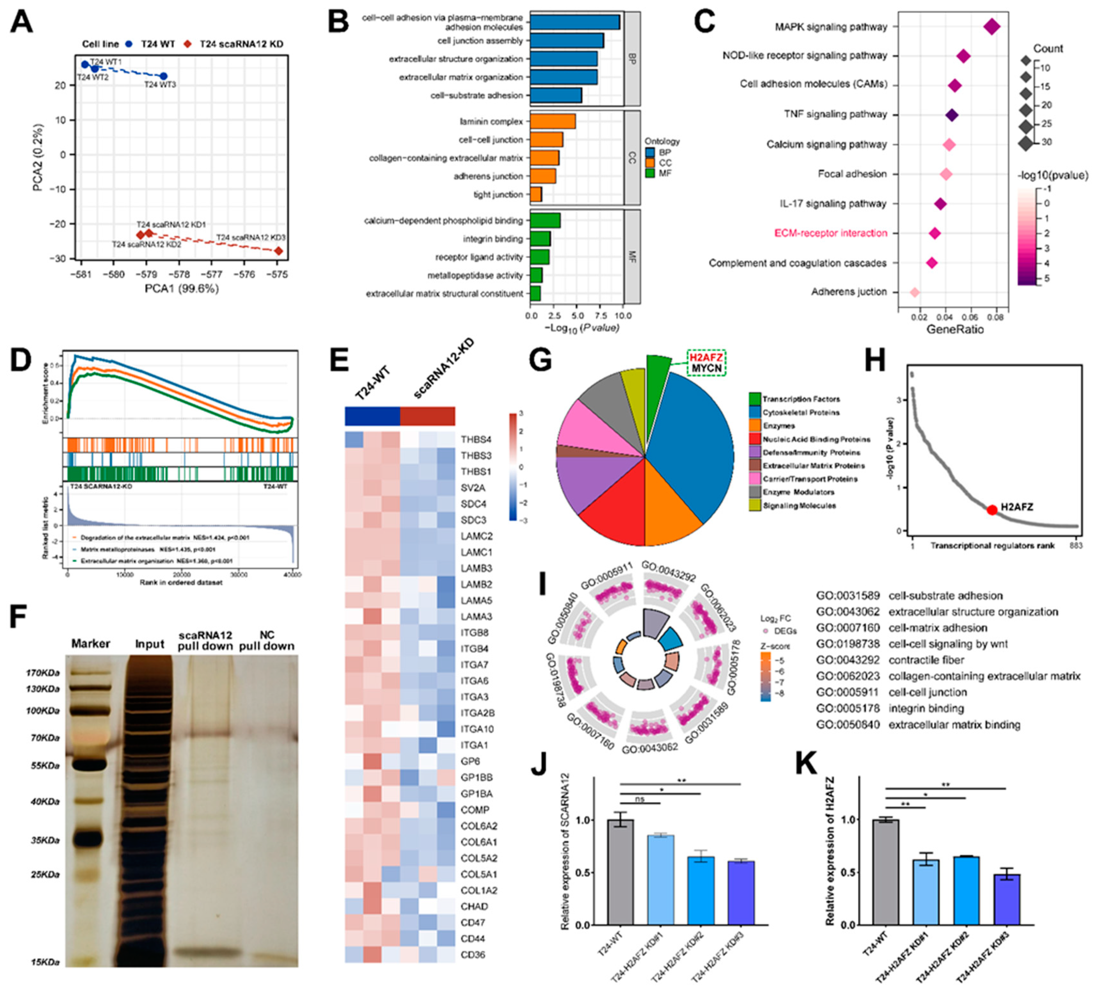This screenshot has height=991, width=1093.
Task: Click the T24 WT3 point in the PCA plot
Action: [x=164, y=76]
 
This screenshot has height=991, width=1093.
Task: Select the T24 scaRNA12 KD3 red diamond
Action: [x=279, y=251]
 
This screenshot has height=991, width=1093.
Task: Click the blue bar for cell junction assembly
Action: [x=566, y=41]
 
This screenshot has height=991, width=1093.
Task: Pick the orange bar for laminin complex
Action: [x=552, y=122]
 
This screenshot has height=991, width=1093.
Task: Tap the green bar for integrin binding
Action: [x=540, y=239]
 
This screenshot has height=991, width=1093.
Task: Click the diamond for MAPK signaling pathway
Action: [x=992, y=27]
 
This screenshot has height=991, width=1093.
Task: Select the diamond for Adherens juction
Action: [x=915, y=292]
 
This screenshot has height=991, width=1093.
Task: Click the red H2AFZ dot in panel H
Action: [x=992, y=510]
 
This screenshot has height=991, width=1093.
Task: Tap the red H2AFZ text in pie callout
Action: [x=706, y=357]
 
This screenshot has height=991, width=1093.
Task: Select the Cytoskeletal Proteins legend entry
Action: [x=800, y=413]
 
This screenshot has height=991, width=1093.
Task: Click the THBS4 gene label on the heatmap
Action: [x=476, y=440]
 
